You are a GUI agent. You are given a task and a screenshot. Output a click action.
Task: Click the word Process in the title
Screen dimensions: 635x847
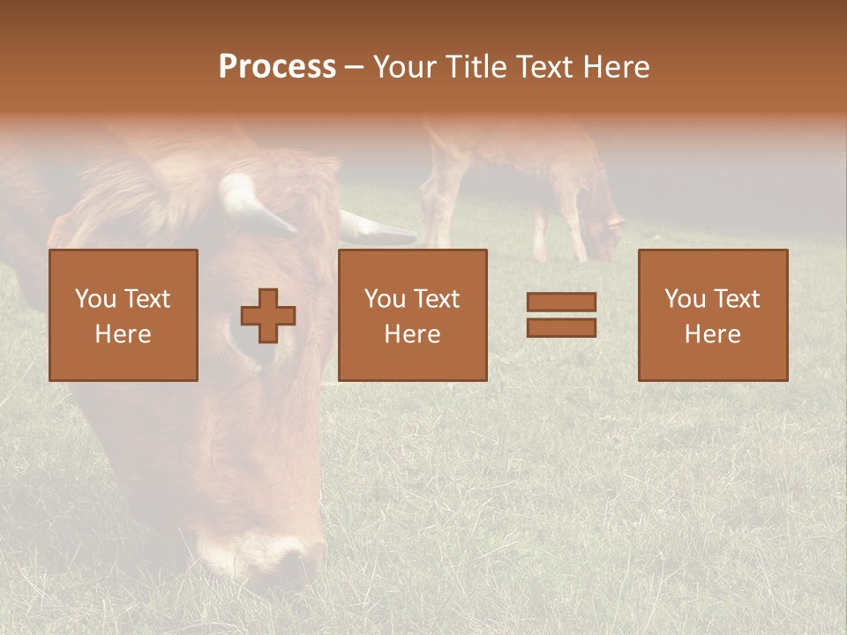coord(277,67)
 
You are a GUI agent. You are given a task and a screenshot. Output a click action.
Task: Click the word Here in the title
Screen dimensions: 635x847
coord(614,67)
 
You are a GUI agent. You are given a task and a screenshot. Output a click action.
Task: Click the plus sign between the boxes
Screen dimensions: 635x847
coord(268,316)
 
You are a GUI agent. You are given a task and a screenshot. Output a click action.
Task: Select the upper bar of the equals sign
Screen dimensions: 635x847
coord(561,302)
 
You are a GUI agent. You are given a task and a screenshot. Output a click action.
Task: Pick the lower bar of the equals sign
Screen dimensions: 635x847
coord(561,328)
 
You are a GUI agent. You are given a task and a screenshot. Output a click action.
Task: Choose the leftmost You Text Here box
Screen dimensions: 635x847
coord(124,315)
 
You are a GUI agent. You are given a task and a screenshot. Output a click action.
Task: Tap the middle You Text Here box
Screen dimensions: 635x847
coord(412,315)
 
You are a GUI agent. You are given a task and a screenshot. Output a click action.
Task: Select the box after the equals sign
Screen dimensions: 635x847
coord(713,315)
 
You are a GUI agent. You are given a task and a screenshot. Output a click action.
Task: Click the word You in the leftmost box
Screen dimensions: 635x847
coord(94,299)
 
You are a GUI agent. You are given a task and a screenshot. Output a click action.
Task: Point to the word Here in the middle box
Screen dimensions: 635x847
coord(412,334)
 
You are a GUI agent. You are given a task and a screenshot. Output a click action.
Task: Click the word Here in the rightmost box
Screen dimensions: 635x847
coord(713,334)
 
